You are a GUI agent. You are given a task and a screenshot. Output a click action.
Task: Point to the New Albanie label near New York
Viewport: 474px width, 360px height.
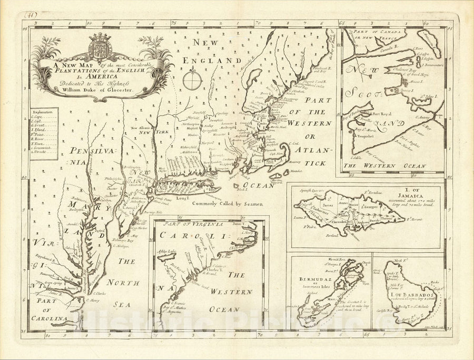click(142, 128)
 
